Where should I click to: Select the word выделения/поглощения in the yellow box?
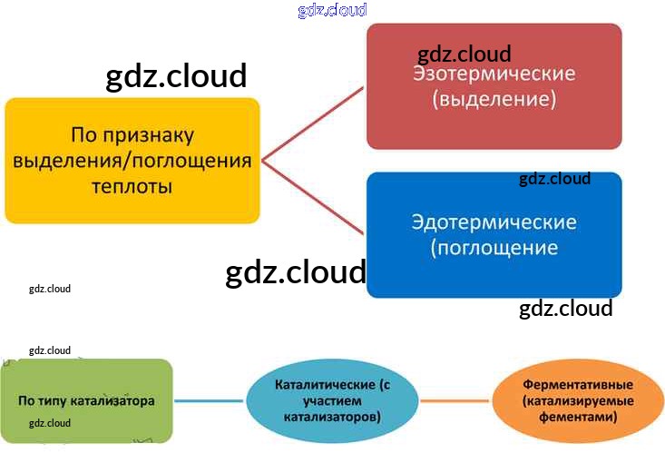tap(132, 162)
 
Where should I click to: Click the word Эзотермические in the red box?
tap(494, 74)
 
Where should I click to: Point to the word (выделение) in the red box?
tap(494, 98)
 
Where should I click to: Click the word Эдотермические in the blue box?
tap(494, 222)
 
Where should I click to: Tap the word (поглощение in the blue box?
tap(494, 246)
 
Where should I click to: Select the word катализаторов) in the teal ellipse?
tap(331, 416)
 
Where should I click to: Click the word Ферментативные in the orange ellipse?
tap(577, 384)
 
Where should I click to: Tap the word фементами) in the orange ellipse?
tap(577, 417)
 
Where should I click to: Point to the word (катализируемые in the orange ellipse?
tap(577, 400)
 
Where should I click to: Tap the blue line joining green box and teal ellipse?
tap(209, 401)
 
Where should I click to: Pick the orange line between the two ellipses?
tap(455, 401)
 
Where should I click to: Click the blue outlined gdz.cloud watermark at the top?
tap(332, 10)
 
